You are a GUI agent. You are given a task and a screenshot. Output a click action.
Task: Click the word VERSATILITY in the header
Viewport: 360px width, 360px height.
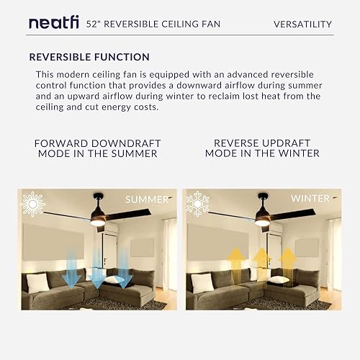(x=303, y=24)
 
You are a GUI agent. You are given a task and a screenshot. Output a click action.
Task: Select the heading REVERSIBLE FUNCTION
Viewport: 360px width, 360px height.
(x=89, y=57)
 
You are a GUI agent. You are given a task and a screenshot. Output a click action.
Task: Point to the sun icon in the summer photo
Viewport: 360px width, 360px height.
(x=33, y=203)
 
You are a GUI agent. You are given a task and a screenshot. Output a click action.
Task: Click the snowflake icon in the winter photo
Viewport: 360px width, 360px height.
(x=198, y=203)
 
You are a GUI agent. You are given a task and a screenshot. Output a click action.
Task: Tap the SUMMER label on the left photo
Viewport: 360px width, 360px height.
(x=147, y=199)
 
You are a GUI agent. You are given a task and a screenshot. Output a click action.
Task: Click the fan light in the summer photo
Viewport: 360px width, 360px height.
(x=98, y=222)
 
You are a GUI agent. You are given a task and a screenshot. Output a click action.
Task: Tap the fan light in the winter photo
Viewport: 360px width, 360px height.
(x=261, y=222)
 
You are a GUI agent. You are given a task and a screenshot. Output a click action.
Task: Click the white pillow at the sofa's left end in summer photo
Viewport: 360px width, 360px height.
(x=37, y=282)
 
